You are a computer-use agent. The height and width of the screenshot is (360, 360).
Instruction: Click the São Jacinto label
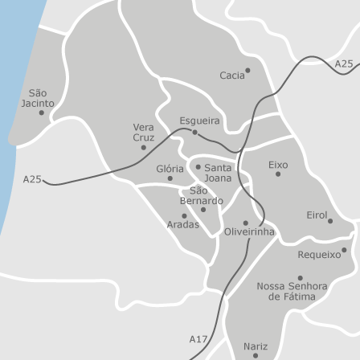pyautogui.click(x=38, y=98)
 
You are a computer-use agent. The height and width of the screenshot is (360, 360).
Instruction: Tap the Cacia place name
pyautogui.click(x=231, y=76)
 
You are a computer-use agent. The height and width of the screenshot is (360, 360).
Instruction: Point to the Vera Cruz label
pyautogui.click(x=143, y=132)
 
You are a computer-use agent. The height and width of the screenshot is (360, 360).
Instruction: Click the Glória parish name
pyautogui.click(x=170, y=170)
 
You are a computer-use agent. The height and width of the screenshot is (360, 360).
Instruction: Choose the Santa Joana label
pyautogui.click(x=217, y=172)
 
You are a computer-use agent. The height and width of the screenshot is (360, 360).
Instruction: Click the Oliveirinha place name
pyautogui.click(x=248, y=231)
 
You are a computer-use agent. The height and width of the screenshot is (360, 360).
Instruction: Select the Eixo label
pyautogui.click(x=278, y=164)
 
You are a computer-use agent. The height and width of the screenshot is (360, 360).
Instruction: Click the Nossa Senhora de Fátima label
pyautogui.click(x=292, y=291)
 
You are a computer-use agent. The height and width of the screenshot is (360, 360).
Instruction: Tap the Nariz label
pyautogui.click(x=255, y=346)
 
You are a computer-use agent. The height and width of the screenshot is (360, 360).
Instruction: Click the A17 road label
pyautogui.click(x=198, y=339)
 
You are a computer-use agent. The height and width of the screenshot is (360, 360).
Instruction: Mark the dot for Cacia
pyautogui.click(x=247, y=70)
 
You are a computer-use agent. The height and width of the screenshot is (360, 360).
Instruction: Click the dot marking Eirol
pyautogui.click(x=329, y=221)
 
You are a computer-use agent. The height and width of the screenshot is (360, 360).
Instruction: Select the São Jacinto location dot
pyautogui.click(x=42, y=112)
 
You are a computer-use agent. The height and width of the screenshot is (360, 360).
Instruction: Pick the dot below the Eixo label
pyautogui.click(x=278, y=174)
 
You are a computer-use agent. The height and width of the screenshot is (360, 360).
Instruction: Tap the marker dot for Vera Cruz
pyautogui.click(x=144, y=147)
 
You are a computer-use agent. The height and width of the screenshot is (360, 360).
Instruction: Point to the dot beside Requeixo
pyautogui.click(x=344, y=249)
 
